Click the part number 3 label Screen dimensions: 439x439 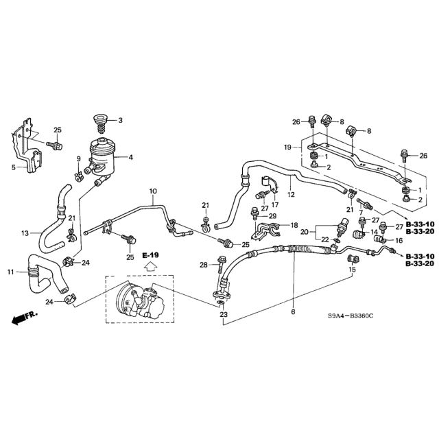click(120, 121)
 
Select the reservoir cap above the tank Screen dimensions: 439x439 click(101, 126)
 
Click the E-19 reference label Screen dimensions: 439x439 click(150, 255)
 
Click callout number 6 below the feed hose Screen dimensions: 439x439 click(293, 312)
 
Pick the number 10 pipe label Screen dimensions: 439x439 click(152, 191)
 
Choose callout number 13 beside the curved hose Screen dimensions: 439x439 click(25, 233)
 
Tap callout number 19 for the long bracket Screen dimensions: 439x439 click(288, 147)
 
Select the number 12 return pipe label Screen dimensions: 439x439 click(291, 195)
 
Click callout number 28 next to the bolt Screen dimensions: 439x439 click(203, 265)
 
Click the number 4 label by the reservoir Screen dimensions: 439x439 click(130, 157)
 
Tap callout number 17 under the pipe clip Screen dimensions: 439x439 click(274, 204)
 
